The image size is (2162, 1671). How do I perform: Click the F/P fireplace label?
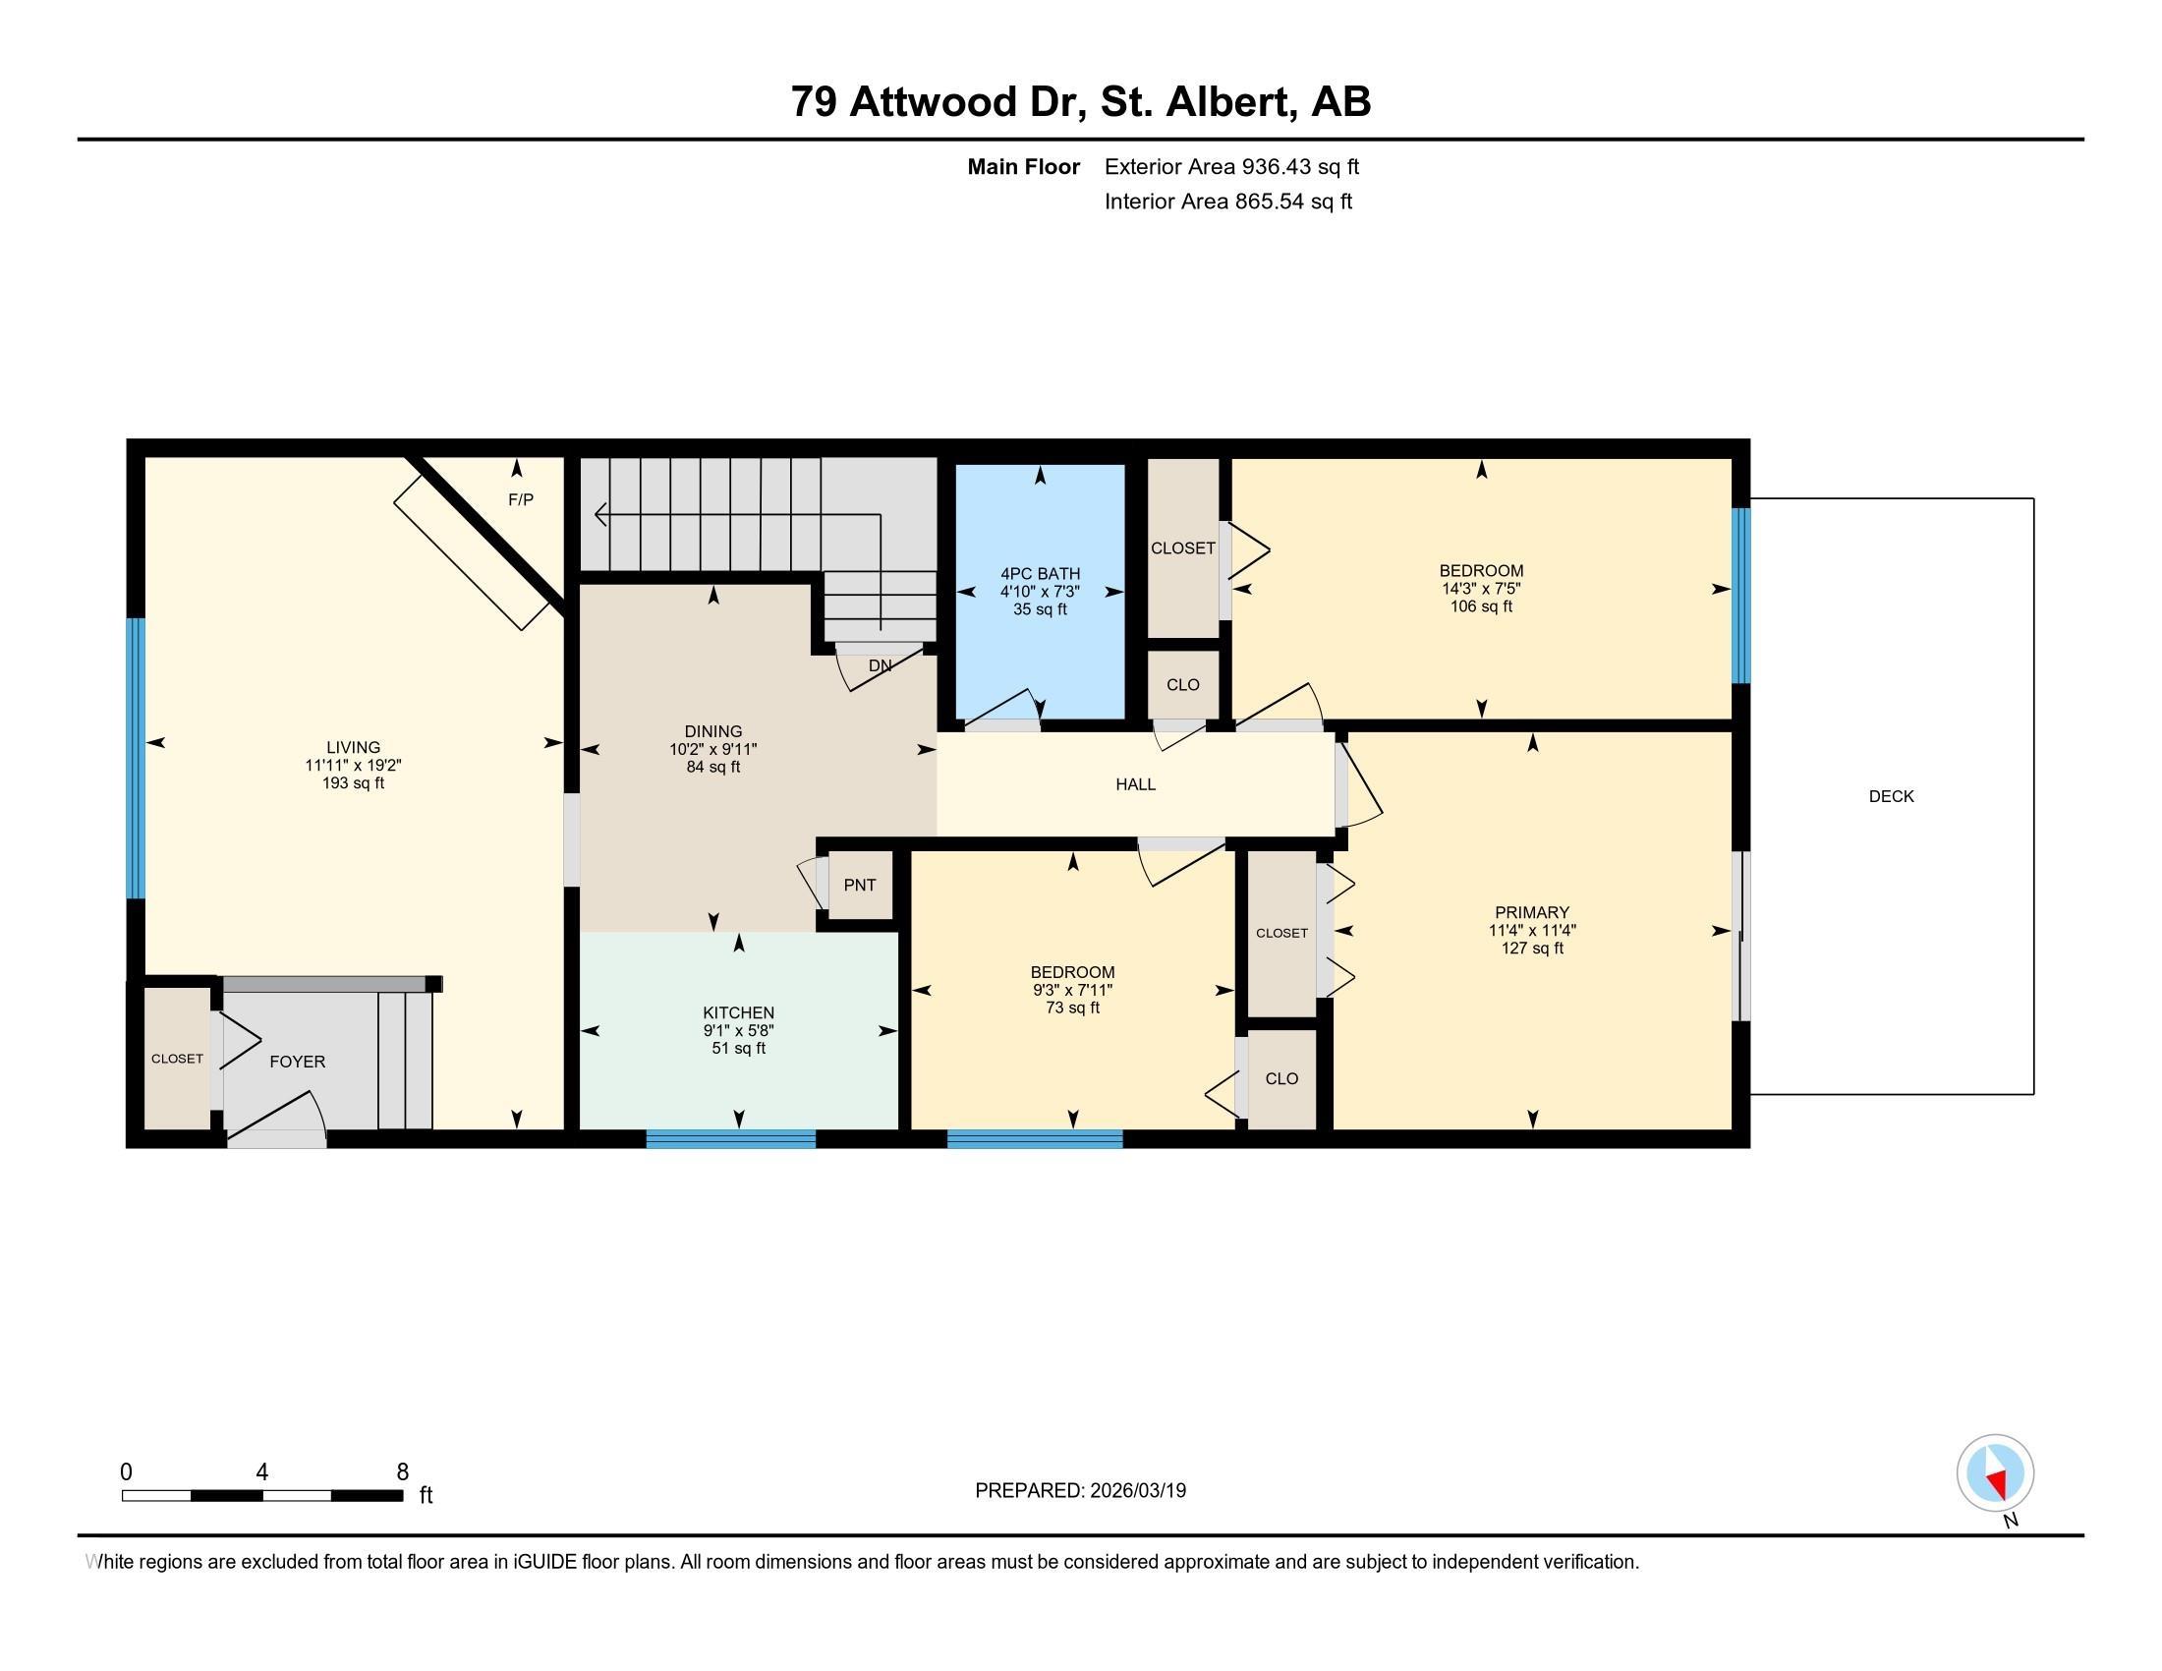pyautogui.click(x=521, y=500)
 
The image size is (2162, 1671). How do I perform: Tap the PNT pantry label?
pyautogui.click(x=859, y=885)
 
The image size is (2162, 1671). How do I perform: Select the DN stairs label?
pyautogui.click(x=881, y=666)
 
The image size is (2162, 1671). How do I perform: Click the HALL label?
pyautogui.click(x=1135, y=784)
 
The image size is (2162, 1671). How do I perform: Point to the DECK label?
pyautogui.click(x=1891, y=796)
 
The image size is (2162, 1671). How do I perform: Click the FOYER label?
pyautogui.click(x=297, y=1062)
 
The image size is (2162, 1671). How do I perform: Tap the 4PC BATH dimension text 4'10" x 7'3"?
pyautogui.click(x=1040, y=592)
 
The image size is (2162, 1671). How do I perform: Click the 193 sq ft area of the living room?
pyautogui.click(x=354, y=783)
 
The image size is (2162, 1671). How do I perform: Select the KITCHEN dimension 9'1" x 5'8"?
pyautogui.click(x=738, y=1030)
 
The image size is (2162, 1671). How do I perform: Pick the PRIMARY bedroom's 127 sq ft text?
pyautogui.click(x=1532, y=949)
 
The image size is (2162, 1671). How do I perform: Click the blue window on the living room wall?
pyautogui.click(x=137, y=758)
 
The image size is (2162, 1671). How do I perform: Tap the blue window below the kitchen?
pyautogui.click(x=730, y=1139)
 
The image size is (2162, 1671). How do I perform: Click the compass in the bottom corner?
pyautogui.click(x=1996, y=1472)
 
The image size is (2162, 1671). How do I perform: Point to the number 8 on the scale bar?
pyautogui.click(x=403, y=1472)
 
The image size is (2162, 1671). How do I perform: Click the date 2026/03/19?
pyautogui.click(x=1137, y=1491)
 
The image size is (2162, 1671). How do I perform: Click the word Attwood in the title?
pyautogui.click(x=934, y=102)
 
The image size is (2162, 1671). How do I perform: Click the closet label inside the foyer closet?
pyautogui.click(x=177, y=1059)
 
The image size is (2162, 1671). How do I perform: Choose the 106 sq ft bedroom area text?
pyautogui.click(x=1481, y=606)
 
